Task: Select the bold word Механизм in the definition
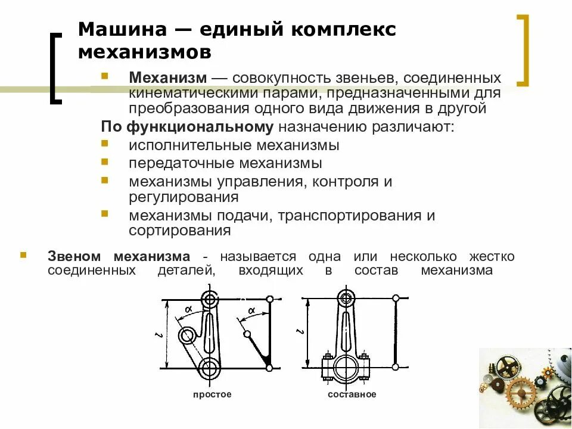point(168,79)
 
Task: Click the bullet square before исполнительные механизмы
point(105,144)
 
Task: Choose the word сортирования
point(179,230)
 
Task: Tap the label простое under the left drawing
point(212,394)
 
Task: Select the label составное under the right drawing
point(352,394)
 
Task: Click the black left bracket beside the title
point(55,69)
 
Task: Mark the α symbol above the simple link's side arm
point(188,309)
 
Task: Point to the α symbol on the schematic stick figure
point(251,310)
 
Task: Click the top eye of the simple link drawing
point(209,299)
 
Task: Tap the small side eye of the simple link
point(186,335)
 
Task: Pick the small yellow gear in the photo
point(546,372)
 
